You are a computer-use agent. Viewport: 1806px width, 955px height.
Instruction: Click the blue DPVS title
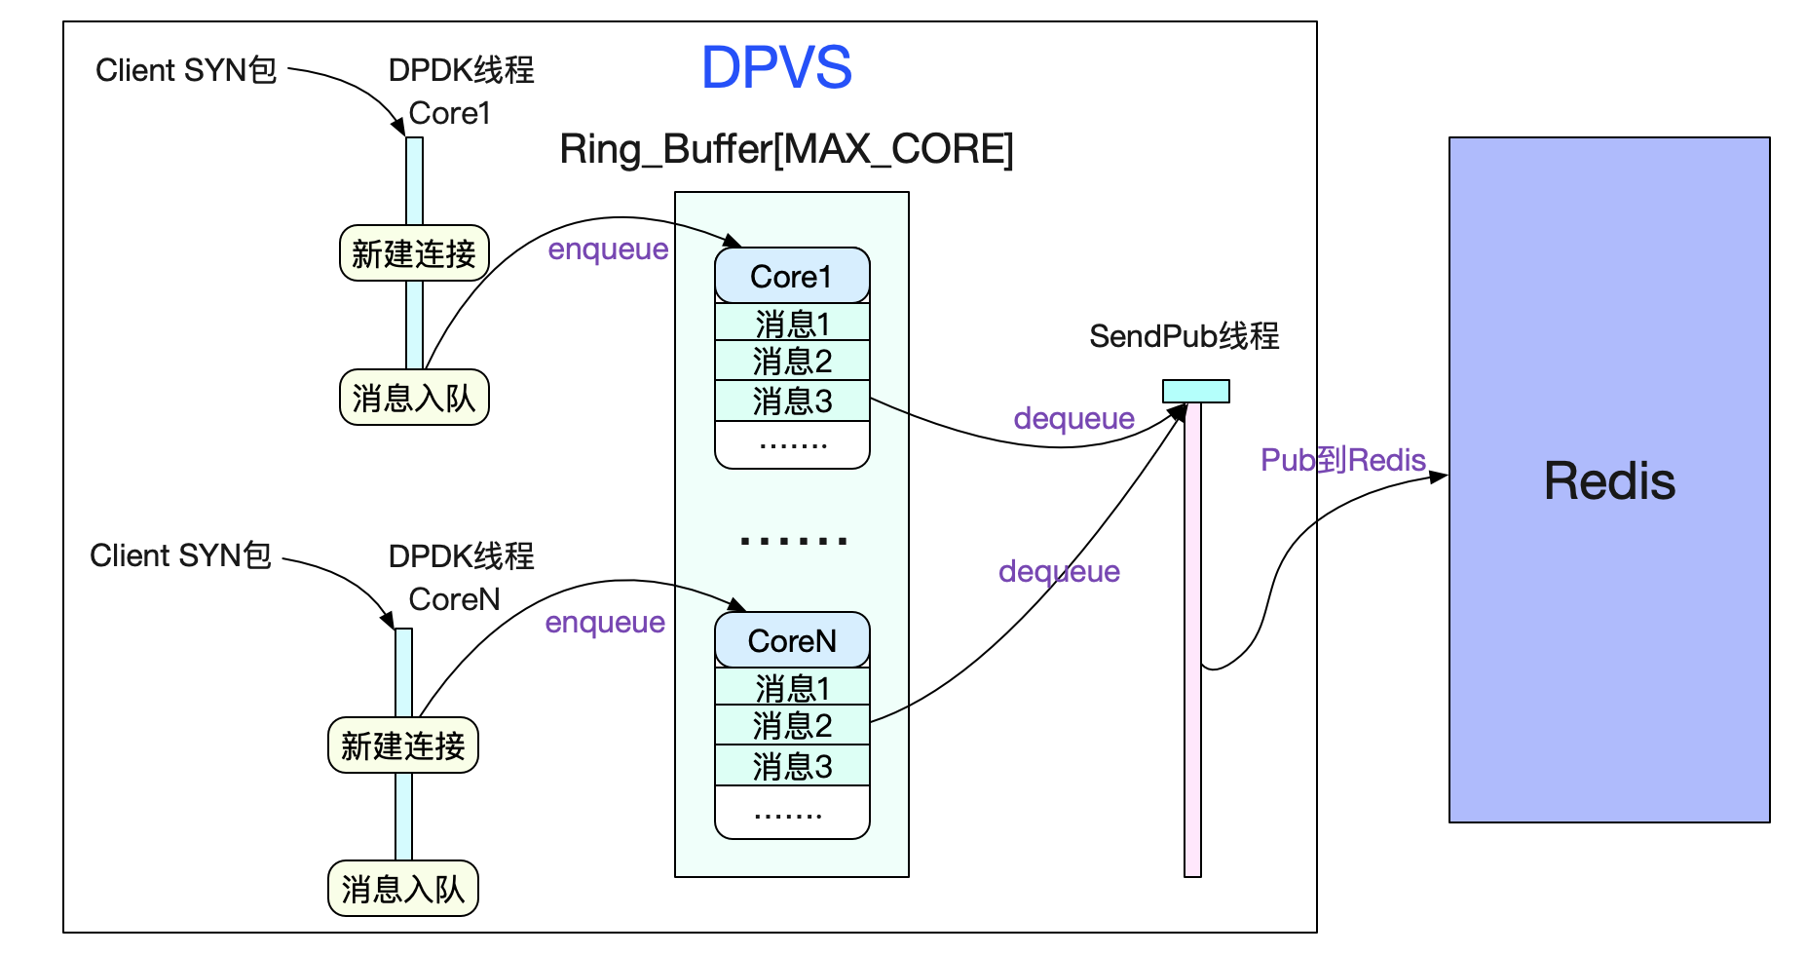pos(776,67)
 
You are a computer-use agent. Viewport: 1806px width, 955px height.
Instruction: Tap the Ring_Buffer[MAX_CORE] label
pos(786,149)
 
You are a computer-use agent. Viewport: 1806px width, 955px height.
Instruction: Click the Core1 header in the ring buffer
pos(791,276)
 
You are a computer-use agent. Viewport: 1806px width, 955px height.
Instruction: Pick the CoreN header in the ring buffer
pos(791,640)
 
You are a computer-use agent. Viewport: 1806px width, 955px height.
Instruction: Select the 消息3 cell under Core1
pos(791,401)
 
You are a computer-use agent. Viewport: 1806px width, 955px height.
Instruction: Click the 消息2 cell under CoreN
pos(791,725)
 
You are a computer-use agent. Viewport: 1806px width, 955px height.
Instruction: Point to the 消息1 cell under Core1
pos(791,323)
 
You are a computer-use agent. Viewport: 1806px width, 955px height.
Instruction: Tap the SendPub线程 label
pos(1184,336)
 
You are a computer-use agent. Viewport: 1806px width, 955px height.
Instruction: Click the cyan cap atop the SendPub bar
pos(1195,391)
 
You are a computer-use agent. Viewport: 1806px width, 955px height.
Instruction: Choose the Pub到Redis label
pos(1342,460)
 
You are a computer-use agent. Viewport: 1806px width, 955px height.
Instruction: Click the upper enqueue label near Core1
pos(608,249)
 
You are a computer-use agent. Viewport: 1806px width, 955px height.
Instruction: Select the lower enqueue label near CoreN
pos(605,623)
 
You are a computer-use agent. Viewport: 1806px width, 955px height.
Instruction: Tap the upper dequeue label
pos(1073,419)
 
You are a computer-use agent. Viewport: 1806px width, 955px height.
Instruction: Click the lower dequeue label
pos(1059,571)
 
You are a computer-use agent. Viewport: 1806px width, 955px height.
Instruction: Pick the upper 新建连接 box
pos(414,253)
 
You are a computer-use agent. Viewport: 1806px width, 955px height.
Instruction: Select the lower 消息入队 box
pos(403,889)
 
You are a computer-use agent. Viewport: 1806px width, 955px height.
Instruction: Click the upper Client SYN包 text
pos(185,70)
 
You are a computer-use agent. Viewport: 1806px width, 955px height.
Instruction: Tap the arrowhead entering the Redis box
pos(1440,477)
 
